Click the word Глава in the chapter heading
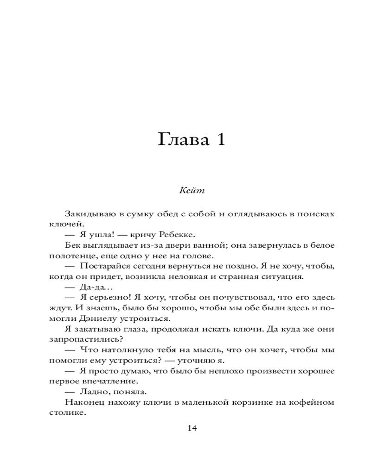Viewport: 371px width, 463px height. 181,139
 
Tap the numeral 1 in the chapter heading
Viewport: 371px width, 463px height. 219,139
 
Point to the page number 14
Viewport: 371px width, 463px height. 192,428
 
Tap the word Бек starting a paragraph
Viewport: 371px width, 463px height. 73,245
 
